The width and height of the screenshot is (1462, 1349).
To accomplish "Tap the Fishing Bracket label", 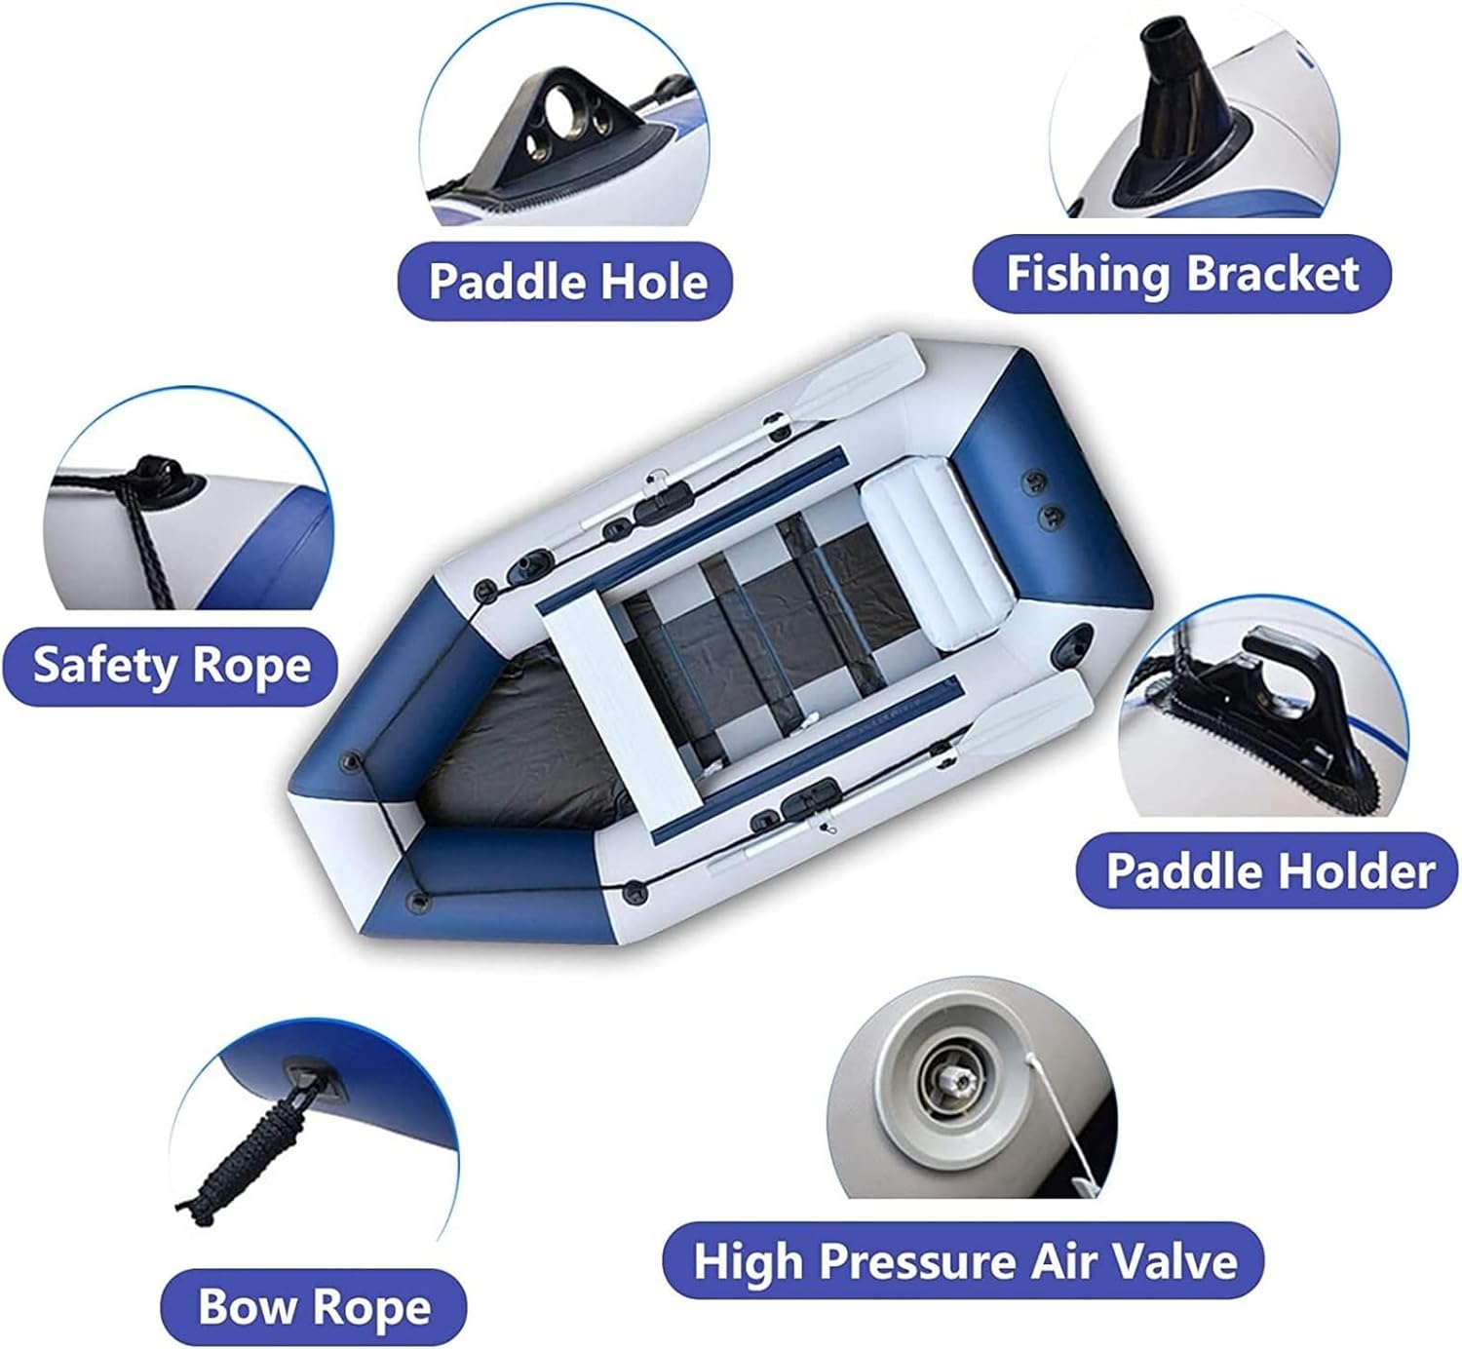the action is click(x=1181, y=274).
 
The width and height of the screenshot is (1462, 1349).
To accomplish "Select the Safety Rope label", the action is click(x=171, y=666).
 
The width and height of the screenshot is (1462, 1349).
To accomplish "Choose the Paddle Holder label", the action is click(x=1270, y=871).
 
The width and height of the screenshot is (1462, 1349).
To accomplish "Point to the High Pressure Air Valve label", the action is click(x=964, y=1260).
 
